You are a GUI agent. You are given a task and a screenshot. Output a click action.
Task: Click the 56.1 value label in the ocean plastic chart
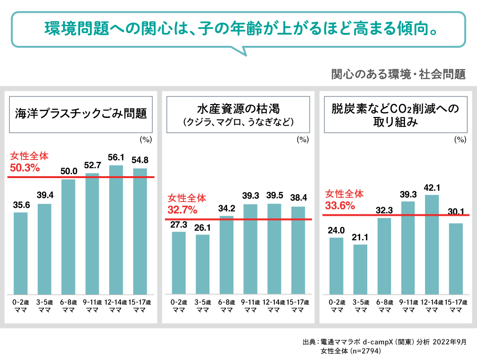click(116, 157)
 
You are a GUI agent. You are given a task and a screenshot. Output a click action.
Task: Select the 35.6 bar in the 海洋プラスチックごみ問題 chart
click(21, 253)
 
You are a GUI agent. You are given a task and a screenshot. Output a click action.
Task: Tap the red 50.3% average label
click(25, 168)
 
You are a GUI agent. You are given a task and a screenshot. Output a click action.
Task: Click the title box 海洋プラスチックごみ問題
click(81, 114)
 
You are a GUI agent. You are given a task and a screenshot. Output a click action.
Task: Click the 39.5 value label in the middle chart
click(274, 196)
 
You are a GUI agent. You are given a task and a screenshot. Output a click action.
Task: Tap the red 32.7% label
click(182, 210)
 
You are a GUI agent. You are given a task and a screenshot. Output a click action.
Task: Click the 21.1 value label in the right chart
click(360, 236)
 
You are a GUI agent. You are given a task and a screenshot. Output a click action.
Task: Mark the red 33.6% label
click(340, 206)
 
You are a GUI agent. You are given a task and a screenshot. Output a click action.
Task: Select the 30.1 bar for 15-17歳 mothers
click(456, 258)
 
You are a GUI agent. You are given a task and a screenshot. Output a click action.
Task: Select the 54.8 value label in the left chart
click(140, 160)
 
